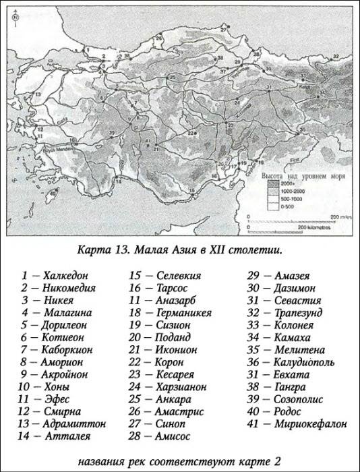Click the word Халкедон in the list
pos(65,275)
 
